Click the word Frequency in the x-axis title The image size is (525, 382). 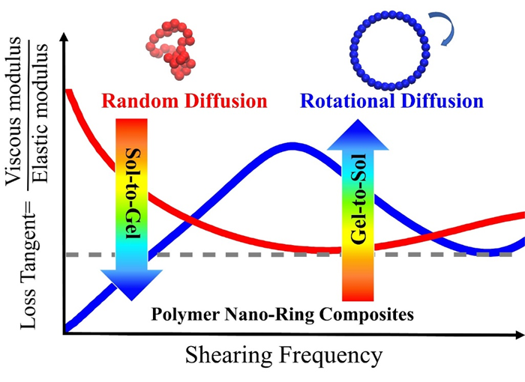[x=327, y=355]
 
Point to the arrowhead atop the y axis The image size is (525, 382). [x=66, y=39]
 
